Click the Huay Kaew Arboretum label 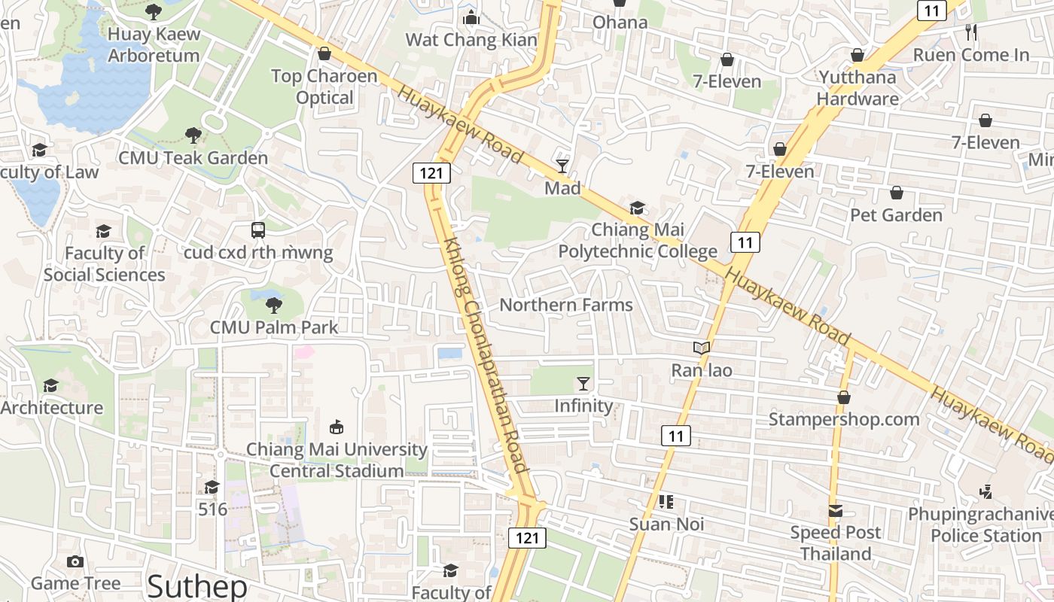click(x=154, y=44)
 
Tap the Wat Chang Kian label click(x=471, y=40)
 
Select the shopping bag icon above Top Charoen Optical click(x=324, y=53)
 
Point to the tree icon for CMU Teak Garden click(x=193, y=135)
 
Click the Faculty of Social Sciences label click(x=104, y=263)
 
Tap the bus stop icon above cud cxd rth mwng click(x=258, y=230)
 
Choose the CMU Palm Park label click(x=274, y=327)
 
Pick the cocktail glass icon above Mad click(x=562, y=166)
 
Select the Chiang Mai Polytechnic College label click(x=638, y=240)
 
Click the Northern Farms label click(x=566, y=305)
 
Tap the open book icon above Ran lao click(x=702, y=348)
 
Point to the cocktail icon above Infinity click(x=583, y=383)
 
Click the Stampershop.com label click(x=844, y=419)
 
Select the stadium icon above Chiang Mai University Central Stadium click(x=337, y=427)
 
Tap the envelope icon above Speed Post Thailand click(x=836, y=511)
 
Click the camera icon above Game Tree click(x=75, y=561)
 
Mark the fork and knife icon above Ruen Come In click(x=971, y=32)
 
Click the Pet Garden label click(x=896, y=215)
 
